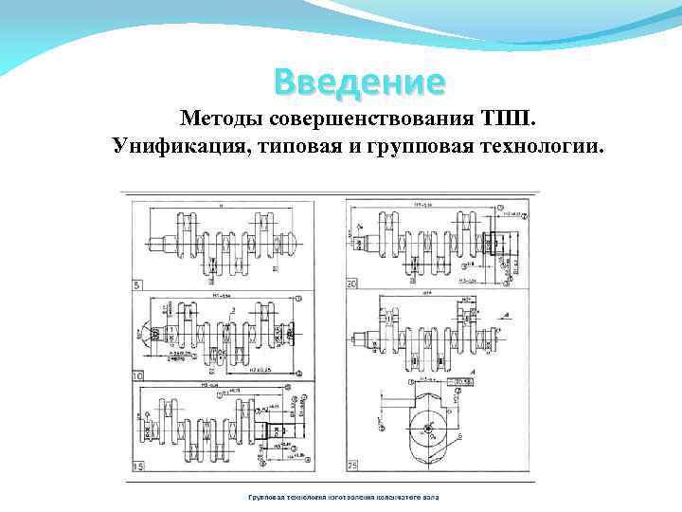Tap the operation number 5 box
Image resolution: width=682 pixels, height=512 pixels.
tap(138, 284)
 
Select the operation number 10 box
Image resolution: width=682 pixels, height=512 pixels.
tap(139, 376)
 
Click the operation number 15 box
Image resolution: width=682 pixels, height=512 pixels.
tap(139, 467)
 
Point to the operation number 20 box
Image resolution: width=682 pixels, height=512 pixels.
tap(352, 284)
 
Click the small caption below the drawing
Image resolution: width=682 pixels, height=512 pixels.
tap(337, 497)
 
